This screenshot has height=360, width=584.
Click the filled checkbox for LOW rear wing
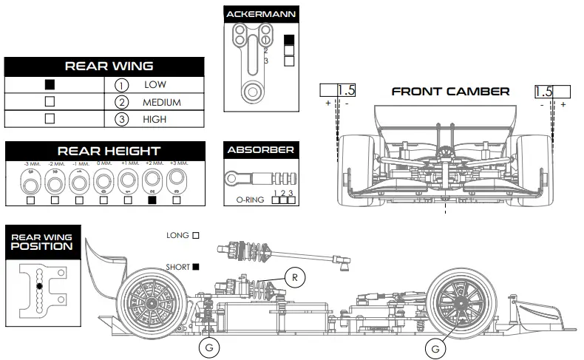point(50,84)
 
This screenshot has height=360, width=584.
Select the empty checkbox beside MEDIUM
point(50,101)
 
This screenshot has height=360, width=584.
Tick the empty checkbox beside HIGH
point(50,118)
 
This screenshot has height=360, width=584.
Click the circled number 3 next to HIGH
point(122,119)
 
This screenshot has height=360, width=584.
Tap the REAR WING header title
point(109,66)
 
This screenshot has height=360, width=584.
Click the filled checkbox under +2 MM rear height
point(152,200)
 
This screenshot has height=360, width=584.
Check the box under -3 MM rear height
point(31,200)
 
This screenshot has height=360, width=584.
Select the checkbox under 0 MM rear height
point(103,200)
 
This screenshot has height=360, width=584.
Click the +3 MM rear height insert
point(176,180)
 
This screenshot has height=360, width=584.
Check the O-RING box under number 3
point(291,200)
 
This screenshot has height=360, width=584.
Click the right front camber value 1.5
point(543,91)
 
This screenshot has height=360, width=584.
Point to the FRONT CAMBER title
point(449,92)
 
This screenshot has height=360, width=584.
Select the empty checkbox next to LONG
point(196,235)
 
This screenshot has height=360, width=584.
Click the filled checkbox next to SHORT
point(196,266)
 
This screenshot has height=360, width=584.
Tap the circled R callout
point(293,277)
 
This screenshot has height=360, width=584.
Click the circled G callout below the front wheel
point(436,346)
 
